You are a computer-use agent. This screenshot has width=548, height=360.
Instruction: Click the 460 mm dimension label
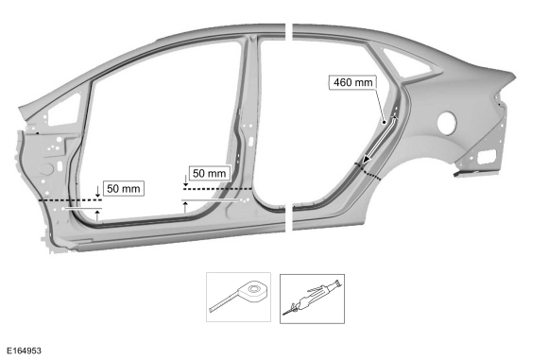[353, 82]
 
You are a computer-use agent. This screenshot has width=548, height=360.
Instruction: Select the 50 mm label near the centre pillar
[210, 173]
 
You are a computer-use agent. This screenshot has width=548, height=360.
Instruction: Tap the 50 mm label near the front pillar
[124, 188]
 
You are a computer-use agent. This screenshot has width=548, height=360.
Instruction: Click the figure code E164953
[25, 351]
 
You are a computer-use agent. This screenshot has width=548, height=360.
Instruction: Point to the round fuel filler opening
[447, 122]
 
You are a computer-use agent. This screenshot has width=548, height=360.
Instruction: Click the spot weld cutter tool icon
[238, 297]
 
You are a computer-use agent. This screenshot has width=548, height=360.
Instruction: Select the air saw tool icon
[312, 299]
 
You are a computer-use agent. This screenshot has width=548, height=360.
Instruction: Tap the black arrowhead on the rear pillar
[367, 160]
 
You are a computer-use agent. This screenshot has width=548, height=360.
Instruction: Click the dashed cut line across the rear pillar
[368, 171]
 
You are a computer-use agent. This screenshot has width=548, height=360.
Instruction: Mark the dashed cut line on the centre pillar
[217, 189]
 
